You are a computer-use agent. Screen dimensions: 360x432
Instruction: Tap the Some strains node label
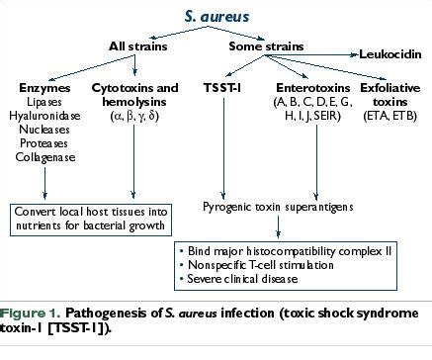261,45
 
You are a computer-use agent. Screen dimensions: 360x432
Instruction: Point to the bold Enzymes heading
45,88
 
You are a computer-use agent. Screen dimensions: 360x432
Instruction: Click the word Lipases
45,102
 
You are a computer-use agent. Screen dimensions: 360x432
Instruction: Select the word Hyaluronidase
45,115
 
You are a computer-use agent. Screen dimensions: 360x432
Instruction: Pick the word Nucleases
45,128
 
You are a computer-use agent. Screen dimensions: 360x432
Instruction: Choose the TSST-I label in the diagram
223,88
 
